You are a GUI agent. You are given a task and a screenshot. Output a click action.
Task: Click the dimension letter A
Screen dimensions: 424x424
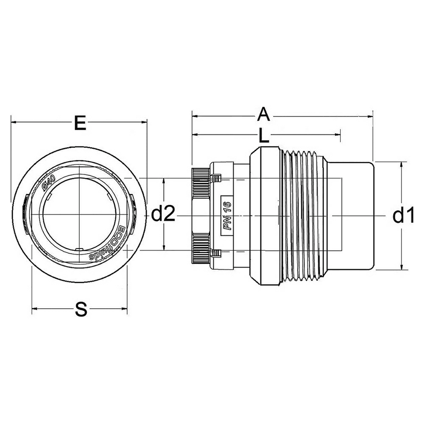coord(263,114)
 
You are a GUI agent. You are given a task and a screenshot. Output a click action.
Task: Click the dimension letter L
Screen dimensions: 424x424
coord(264,135)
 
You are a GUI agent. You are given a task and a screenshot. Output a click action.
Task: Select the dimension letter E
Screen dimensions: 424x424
coord(80,123)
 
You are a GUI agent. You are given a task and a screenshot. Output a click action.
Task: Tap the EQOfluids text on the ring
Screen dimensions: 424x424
coord(108,243)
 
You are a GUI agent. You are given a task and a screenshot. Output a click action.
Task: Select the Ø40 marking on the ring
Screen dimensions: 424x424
coord(49,183)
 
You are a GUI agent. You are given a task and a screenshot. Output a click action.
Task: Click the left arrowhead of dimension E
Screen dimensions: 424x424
coord(14,123)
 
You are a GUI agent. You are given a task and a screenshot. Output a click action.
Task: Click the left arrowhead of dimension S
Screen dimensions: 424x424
coord(35,309)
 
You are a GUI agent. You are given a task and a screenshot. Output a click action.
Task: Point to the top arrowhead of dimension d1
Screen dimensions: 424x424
coord(401,165)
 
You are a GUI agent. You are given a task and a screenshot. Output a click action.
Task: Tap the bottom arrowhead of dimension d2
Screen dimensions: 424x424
coord(164,247)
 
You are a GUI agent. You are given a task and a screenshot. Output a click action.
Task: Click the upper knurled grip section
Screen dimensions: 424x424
coord(201,184)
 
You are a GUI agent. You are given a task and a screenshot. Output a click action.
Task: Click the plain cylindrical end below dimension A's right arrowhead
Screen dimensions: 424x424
coord(351,215)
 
